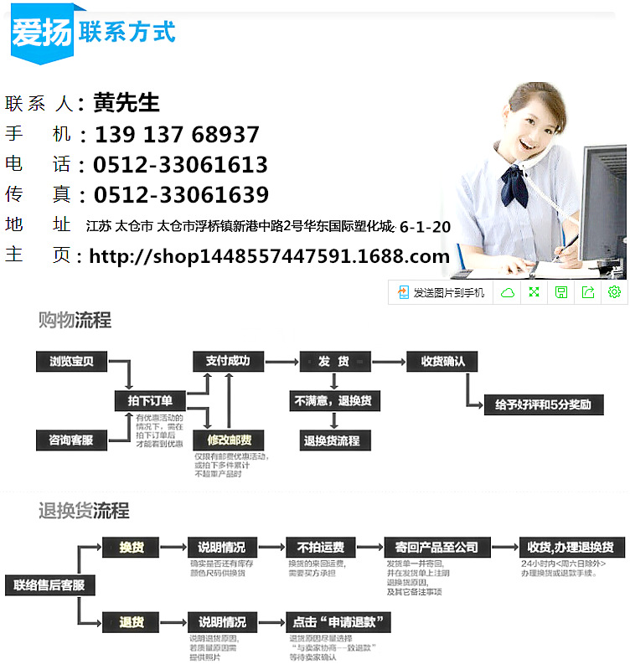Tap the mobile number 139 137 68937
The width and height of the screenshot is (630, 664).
pyautogui.click(x=177, y=135)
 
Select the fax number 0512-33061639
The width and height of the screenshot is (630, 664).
pyautogui.click(x=181, y=195)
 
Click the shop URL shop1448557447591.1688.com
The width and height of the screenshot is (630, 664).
pyautogui.click(x=269, y=256)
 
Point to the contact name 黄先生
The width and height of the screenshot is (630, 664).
pyautogui.click(x=127, y=103)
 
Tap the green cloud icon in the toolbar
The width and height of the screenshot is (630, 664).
pyautogui.click(x=507, y=292)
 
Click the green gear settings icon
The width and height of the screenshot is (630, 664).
pyautogui.click(x=614, y=292)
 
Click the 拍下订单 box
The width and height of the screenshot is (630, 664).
pyautogui.click(x=150, y=401)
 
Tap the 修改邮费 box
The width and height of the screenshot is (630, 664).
pyautogui.click(x=228, y=440)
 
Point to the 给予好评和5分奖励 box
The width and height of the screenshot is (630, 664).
pyautogui.click(x=542, y=404)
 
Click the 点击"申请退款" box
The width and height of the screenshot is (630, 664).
pyautogui.click(x=338, y=622)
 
